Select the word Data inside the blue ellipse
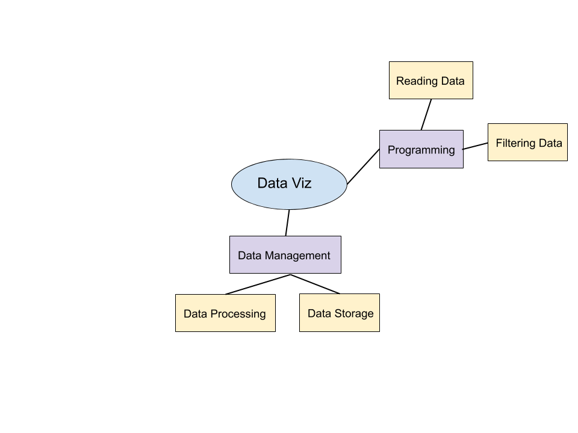tap(271, 183)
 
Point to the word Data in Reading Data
tap(452, 81)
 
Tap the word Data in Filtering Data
tap(550, 143)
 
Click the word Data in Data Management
tap(250, 256)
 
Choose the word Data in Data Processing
tap(196, 314)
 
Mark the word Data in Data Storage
tap(320, 313)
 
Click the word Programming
tap(421, 150)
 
